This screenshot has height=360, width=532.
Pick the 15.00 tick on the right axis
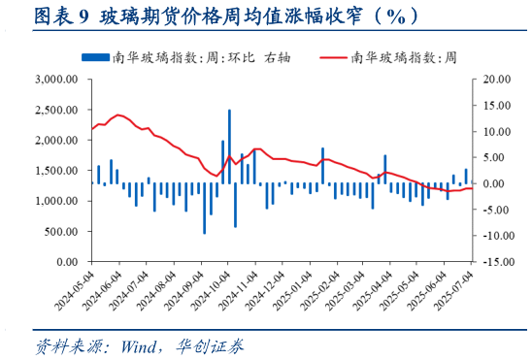pos(493,105)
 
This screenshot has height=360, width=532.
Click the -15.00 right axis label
pos(491,262)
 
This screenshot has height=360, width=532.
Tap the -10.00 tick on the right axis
pos(491,236)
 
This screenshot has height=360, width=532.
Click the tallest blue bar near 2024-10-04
pos(229,146)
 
